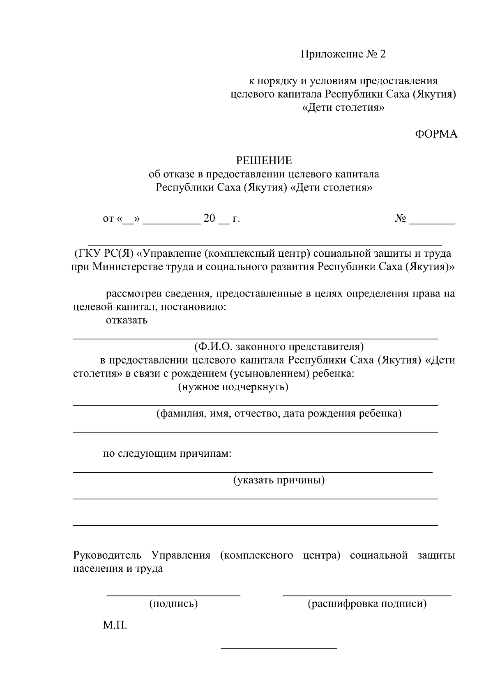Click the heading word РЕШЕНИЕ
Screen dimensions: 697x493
point(263,160)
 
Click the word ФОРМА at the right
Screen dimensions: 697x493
point(436,134)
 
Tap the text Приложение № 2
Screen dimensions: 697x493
point(343,55)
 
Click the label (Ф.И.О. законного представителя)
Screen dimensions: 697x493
point(279,347)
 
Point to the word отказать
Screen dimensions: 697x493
point(127,320)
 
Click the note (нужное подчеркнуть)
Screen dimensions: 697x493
point(233,387)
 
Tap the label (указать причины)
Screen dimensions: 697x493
point(279,480)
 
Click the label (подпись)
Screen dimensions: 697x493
point(173,604)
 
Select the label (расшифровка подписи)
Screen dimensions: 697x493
point(367,604)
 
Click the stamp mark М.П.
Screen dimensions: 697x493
point(115,626)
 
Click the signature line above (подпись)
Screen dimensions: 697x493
point(173,595)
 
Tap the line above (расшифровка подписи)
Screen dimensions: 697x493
point(367,595)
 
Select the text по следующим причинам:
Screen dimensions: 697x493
point(167,453)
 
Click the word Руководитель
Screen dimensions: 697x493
point(107,555)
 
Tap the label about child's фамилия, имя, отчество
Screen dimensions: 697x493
point(279,413)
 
